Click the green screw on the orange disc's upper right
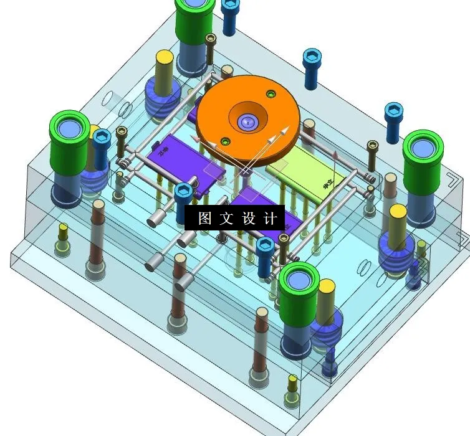click(x=270, y=94)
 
